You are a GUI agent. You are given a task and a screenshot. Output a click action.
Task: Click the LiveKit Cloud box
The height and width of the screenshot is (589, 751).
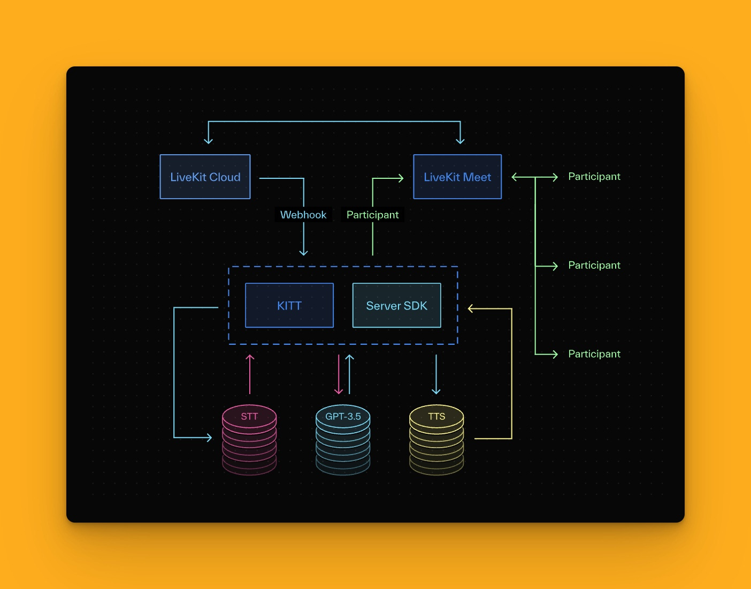point(205,177)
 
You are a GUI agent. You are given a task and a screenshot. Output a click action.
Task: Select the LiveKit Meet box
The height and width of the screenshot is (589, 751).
point(457,177)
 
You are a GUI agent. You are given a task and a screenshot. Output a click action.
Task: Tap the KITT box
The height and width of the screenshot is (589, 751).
point(289,305)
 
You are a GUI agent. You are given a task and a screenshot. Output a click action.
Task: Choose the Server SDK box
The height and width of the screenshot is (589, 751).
point(397,305)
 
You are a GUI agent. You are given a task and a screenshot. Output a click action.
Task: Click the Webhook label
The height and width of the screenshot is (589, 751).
point(303,215)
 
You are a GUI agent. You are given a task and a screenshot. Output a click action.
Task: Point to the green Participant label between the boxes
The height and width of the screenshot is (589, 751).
point(372,215)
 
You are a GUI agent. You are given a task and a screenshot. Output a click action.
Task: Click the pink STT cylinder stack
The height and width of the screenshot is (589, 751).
point(249,439)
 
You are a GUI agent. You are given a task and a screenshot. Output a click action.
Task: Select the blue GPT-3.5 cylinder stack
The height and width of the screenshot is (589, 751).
point(343,439)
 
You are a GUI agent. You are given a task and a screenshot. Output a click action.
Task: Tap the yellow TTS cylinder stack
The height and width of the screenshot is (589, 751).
point(436,439)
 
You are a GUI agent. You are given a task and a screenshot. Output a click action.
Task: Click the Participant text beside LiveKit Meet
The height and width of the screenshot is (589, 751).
point(594,177)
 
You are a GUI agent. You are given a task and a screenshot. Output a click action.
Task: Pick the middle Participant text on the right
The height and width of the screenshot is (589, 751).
point(594,266)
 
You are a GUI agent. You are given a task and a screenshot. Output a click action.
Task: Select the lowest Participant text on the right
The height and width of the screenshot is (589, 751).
point(594,354)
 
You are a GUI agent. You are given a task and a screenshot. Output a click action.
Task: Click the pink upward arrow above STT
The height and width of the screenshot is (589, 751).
point(250,374)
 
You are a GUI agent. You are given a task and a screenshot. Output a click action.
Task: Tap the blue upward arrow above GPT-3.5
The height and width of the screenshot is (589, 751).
point(349,374)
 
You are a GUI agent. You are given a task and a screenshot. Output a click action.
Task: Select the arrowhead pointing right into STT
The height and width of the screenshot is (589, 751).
point(209,438)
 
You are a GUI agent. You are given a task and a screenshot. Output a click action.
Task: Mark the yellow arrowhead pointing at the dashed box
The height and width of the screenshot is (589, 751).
point(471,308)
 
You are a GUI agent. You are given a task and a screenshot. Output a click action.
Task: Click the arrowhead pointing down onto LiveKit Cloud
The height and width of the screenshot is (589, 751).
point(209,141)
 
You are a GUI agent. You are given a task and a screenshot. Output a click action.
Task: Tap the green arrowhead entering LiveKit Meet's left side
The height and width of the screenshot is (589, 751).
point(400,178)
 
